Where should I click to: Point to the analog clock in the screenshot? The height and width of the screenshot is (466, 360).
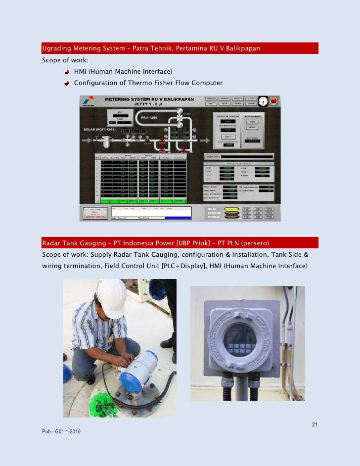tap(263, 100)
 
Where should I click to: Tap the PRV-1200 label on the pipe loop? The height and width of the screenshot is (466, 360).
tap(149, 118)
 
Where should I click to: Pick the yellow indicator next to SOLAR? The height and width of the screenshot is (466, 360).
tap(230, 209)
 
